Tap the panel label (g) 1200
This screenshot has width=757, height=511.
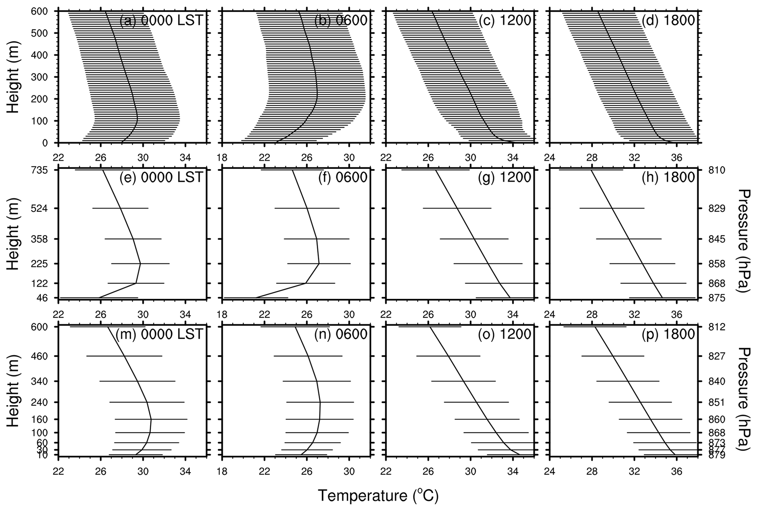tap(504, 178)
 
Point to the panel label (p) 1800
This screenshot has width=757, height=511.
tap(668, 334)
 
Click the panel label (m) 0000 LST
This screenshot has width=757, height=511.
tap(159, 334)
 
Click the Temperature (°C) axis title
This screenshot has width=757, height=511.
tap(378, 496)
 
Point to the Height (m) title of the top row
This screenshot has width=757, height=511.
tap(13, 77)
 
